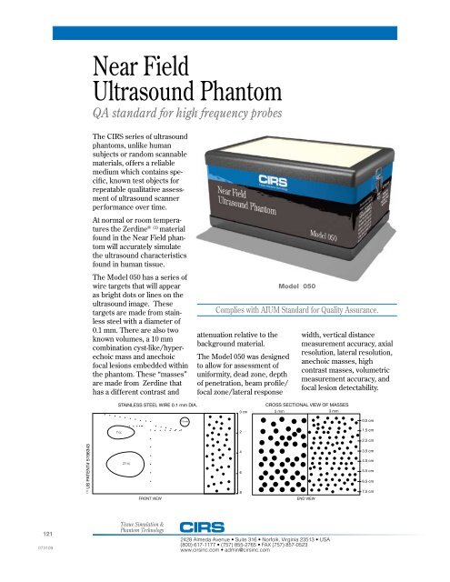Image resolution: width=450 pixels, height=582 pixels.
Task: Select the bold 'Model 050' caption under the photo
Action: [307, 286]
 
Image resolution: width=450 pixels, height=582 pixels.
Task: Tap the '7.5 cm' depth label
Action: [367, 492]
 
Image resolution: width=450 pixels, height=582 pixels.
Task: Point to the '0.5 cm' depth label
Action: [367, 420]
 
